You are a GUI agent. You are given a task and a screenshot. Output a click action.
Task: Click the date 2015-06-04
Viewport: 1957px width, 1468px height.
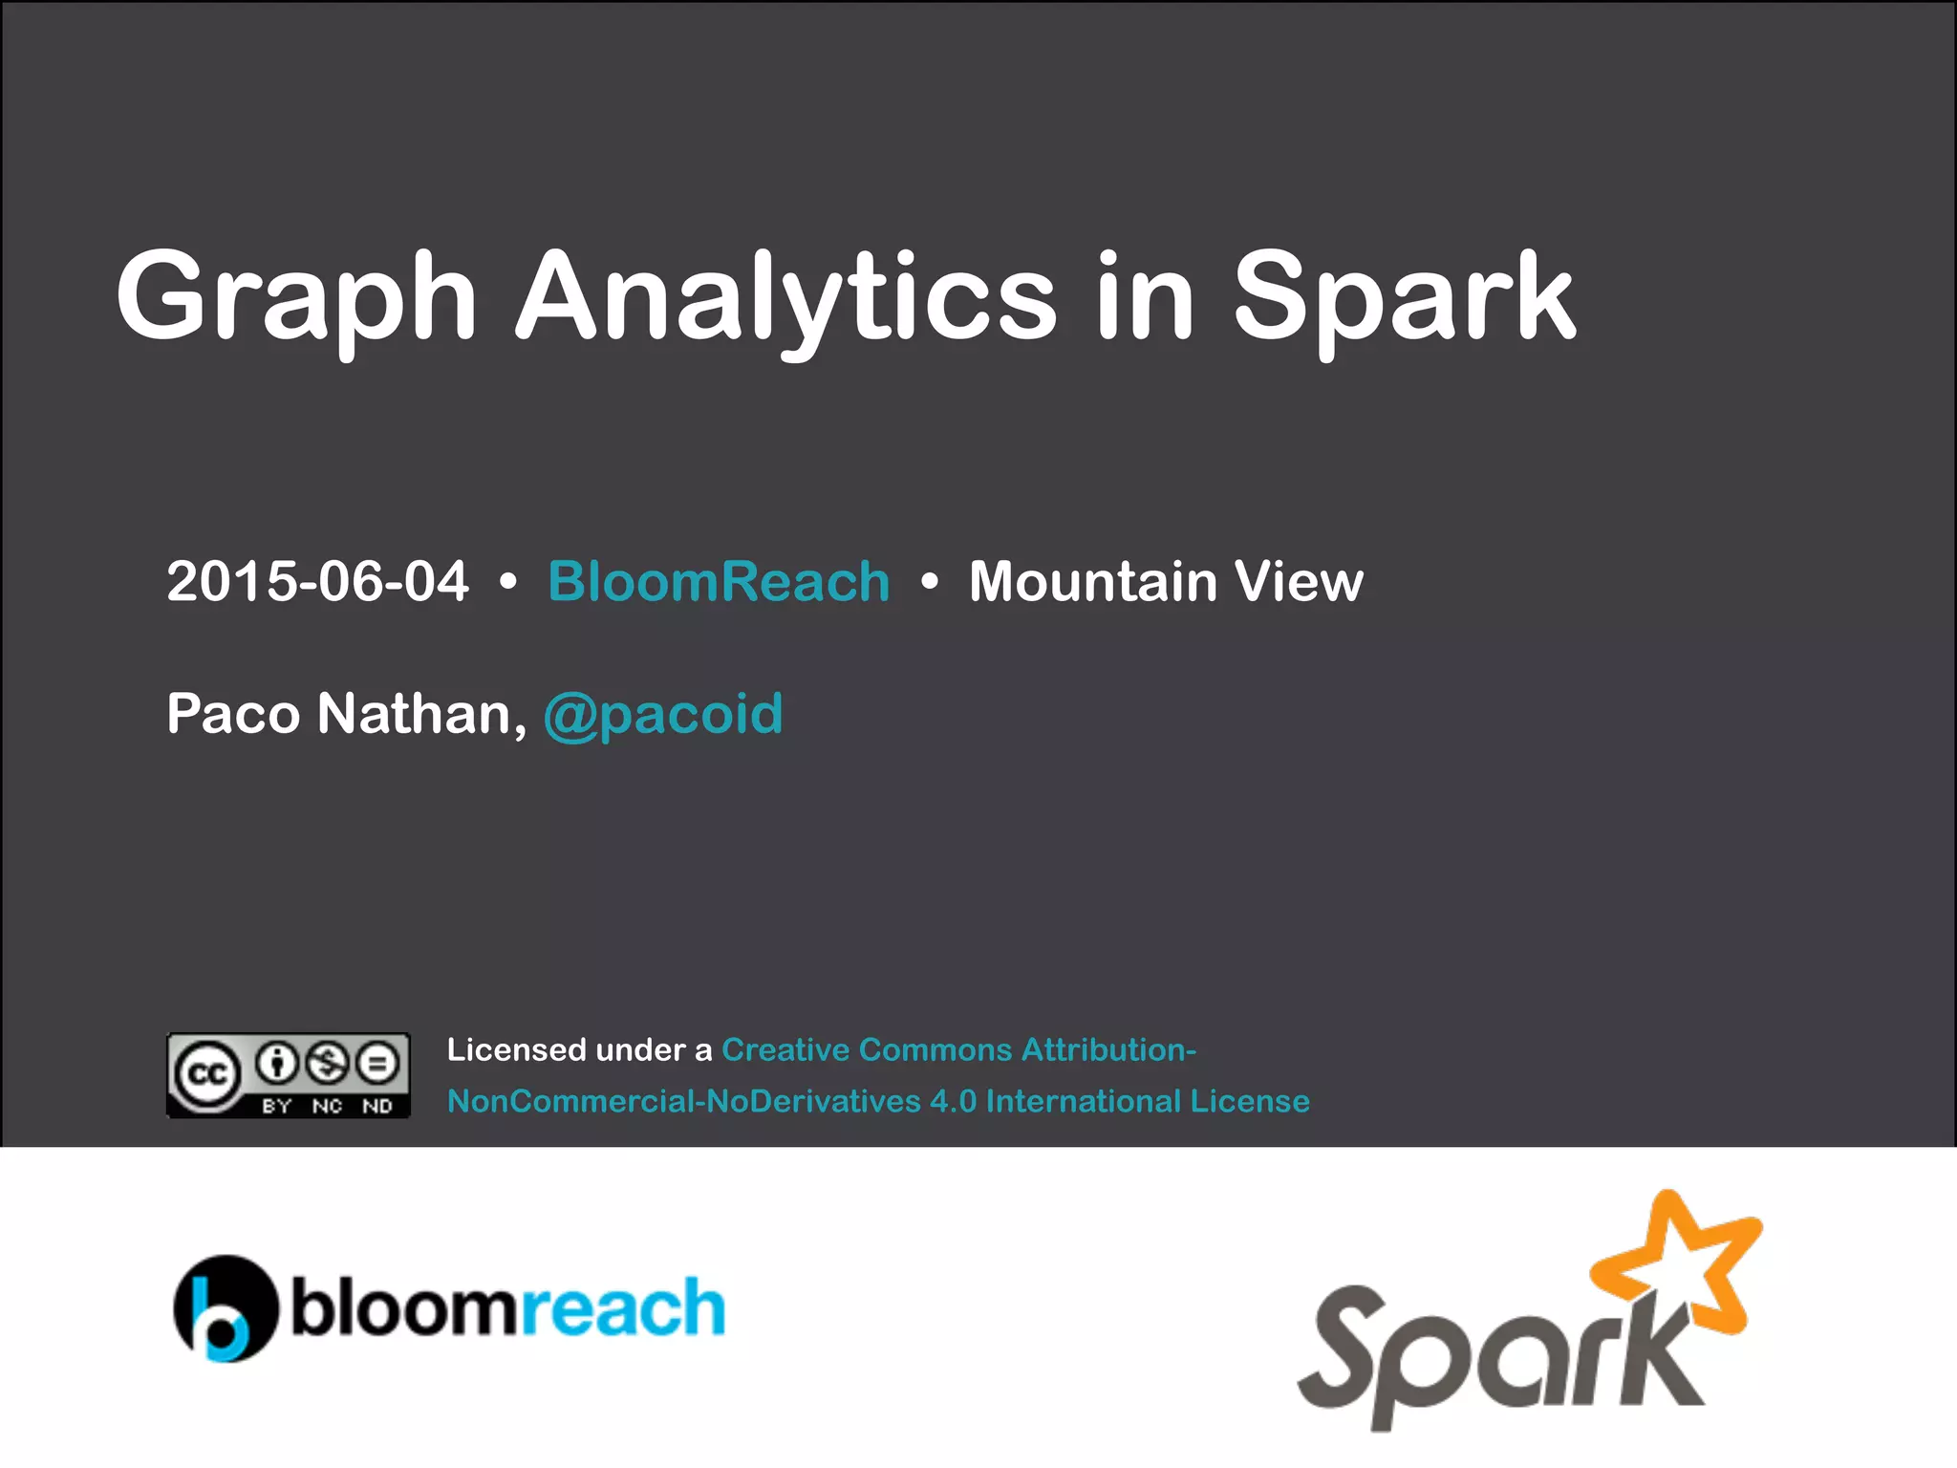pos(317,581)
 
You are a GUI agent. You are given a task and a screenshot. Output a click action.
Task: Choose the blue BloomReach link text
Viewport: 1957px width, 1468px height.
pos(719,581)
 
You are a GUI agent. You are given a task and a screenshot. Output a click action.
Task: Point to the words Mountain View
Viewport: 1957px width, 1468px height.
pos(1166,581)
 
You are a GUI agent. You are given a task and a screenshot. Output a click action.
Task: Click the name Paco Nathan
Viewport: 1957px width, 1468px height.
pos(346,713)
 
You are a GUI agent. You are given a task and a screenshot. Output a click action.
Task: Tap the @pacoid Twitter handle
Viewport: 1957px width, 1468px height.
pos(663,715)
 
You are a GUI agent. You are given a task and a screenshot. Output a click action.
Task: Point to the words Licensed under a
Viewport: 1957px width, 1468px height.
pos(579,1050)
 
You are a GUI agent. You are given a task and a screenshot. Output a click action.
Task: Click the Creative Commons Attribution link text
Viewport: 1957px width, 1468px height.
pos(958,1050)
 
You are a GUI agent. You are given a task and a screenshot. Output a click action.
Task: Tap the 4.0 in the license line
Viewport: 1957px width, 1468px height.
pos(953,1102)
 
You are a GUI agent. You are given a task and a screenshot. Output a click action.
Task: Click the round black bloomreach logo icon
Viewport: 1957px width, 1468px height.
pos(226,1307)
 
